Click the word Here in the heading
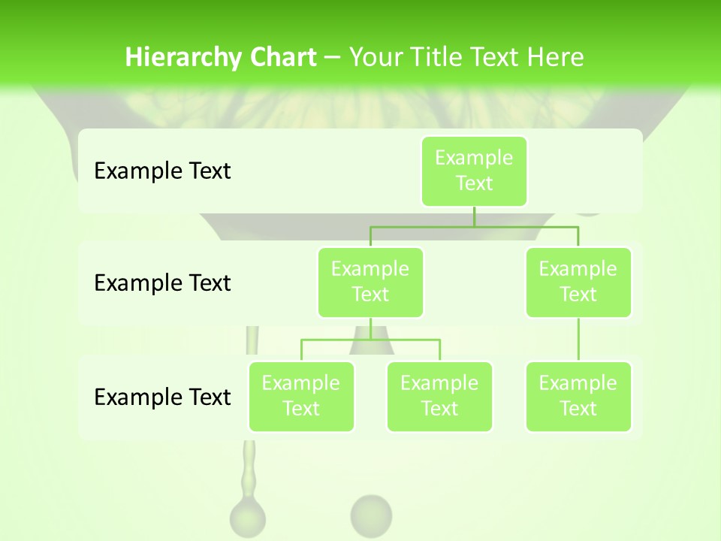coord(556,58)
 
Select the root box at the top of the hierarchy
coord(474,171)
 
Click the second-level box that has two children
coord(370,282)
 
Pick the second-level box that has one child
coord(578,282)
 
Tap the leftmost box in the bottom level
coord(301,396)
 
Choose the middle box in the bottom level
coord(439,396)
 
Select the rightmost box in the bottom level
coord(578,396)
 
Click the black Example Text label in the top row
coord(162,171)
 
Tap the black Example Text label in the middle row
coord(162,283)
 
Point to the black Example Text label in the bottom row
coord(162,397)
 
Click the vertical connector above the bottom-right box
coord(578,340)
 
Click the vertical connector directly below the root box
coord(474,216)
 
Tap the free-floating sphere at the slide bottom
coord(371,515)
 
